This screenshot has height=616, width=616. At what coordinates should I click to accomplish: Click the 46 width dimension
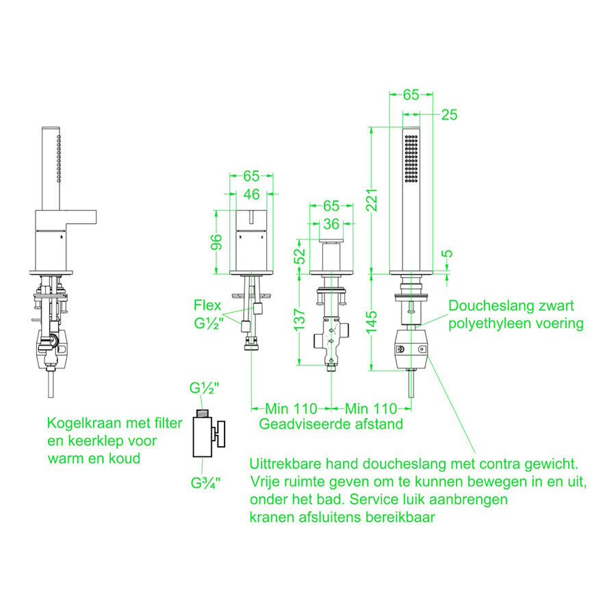tap(251, 195)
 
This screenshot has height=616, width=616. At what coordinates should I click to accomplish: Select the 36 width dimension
tap(331, 223)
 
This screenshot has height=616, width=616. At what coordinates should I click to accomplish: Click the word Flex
tap(207, 305)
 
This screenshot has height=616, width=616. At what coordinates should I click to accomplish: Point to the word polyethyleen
tap(493, 323)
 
